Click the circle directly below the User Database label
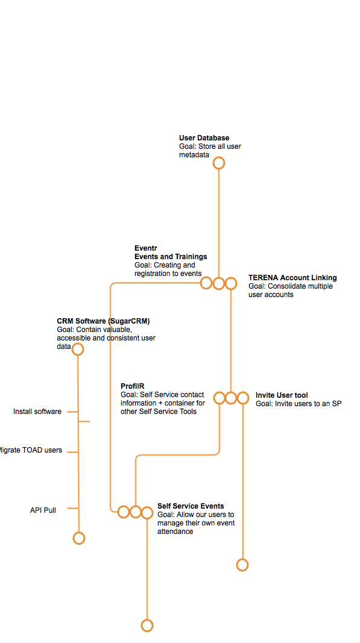[219, 157]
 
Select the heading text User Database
[204, 138]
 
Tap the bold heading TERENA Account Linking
[292, 278]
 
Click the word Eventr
[146, 248]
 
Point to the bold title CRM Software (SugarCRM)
[104, 321]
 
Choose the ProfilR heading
[132, 386]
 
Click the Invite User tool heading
[282, 395]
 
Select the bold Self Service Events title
[191, 506]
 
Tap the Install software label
[37, 412]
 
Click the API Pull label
[43, 510]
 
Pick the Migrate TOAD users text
[31, 450]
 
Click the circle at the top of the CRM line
[78, 343]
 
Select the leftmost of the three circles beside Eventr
[206, 277]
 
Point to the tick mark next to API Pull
[72, 509]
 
